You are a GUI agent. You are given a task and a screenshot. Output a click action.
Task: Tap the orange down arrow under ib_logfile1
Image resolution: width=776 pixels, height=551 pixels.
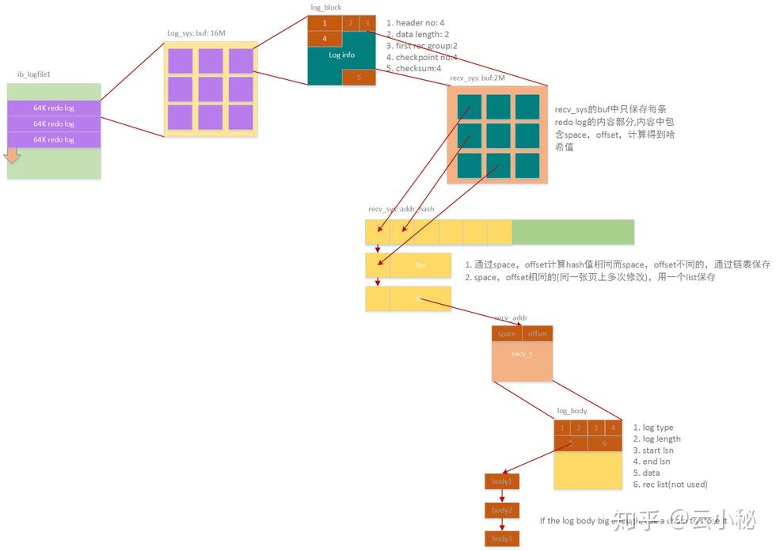(x=11, y=156)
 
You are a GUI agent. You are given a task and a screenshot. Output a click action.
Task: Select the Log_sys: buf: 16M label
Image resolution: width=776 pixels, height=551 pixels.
(x=197, y=33)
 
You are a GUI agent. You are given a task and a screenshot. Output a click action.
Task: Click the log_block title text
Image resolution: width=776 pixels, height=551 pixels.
(x=326, y=7)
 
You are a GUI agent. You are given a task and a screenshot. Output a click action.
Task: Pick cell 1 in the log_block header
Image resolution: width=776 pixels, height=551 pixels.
(x=324, y=23)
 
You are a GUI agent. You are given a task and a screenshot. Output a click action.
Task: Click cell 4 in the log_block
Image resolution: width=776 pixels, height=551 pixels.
(x=324, y=38)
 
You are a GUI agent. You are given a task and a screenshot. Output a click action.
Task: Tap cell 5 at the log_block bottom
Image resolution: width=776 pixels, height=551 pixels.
(x=359, y=78)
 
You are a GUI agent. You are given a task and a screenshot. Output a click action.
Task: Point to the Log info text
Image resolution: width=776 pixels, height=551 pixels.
(x=341, y=55)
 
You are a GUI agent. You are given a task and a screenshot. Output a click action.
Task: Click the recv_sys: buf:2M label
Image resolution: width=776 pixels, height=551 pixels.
(x=477, y=78)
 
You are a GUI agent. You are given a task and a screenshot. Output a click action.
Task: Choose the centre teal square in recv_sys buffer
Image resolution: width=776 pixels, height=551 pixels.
(x=498, y=135)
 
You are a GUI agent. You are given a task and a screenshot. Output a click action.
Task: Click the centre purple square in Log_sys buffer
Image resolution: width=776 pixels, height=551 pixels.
(x=211, y=89)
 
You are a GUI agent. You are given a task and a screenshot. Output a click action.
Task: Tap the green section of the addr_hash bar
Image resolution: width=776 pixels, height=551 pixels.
(x=573, y=232)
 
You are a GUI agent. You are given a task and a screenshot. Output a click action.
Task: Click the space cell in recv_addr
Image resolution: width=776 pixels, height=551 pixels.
(x=507, y=333)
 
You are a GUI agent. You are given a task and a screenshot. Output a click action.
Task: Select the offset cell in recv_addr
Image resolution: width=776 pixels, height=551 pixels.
(x=537, y=333)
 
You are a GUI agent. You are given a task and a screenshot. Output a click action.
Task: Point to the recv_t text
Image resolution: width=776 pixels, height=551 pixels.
(x=522, y=354)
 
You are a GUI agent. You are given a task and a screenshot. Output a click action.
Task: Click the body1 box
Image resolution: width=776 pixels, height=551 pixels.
(x=502, y=481)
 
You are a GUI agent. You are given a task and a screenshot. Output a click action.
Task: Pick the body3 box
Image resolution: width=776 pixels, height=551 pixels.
(x=502, y=539)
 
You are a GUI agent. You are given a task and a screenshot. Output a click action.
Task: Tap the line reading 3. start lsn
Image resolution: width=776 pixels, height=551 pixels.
(x=653, y=450)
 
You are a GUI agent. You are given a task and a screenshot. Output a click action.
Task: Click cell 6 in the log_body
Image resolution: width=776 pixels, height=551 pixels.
(x=604, y=443)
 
